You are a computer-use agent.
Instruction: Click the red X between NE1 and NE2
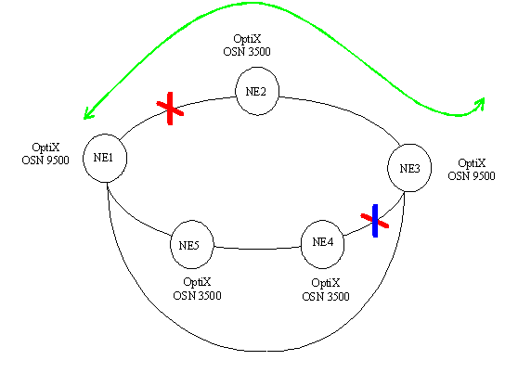[x=170, y=108]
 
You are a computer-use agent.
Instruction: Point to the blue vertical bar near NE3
[x=375, y=221]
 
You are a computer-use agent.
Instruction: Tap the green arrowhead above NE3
[x=480, y=103]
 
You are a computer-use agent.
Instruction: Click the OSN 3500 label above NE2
[x=247, y=52]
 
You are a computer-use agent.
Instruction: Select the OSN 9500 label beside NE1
[x=45, y=161]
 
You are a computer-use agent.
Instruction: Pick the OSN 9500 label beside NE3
[x=472, y=176]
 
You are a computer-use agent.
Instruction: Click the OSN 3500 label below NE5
[x=197, y=296]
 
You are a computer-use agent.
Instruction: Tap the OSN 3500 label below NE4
[x=326, y=297]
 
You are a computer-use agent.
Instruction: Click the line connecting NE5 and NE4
[x=257, y=249]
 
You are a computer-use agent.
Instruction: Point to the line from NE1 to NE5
[x=134, y=218]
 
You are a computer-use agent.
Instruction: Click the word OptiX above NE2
[x=247, y=39]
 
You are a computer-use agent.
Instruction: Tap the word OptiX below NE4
[x=326, y=283]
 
